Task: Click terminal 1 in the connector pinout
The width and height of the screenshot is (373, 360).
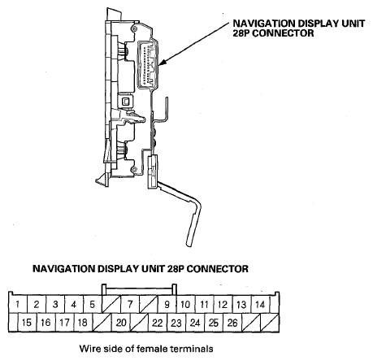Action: coord(18,304)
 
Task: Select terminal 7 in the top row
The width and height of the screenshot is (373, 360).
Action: coord(130,304)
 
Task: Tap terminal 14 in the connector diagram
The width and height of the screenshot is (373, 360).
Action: coord(260,304)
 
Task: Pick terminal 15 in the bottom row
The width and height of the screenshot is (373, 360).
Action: coord(27,323)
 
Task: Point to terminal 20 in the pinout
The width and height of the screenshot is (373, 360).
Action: coord(121,323)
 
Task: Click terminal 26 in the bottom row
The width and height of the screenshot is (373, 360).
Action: coord(232,323)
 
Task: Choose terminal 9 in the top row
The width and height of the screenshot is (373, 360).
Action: coord(167,304)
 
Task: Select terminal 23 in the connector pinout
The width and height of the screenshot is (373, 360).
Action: coord(176,323)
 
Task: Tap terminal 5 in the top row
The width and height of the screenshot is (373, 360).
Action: coord(93,304)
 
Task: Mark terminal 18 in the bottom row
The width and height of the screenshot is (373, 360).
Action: coord(83,323)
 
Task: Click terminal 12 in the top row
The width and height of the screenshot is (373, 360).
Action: coord(223,304)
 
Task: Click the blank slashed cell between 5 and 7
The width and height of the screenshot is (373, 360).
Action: coord(111,304)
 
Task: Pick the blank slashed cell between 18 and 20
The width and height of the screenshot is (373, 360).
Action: coord(102,323)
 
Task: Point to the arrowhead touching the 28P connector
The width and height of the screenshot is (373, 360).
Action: coord(162,63)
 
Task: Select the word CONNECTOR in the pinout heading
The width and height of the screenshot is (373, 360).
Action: coord(218,269)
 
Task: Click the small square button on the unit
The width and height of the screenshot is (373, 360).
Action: coord(126,102)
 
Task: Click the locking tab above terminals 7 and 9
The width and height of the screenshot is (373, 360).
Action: coord(139,289)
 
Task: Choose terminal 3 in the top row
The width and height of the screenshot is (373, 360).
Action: coord(55,304)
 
